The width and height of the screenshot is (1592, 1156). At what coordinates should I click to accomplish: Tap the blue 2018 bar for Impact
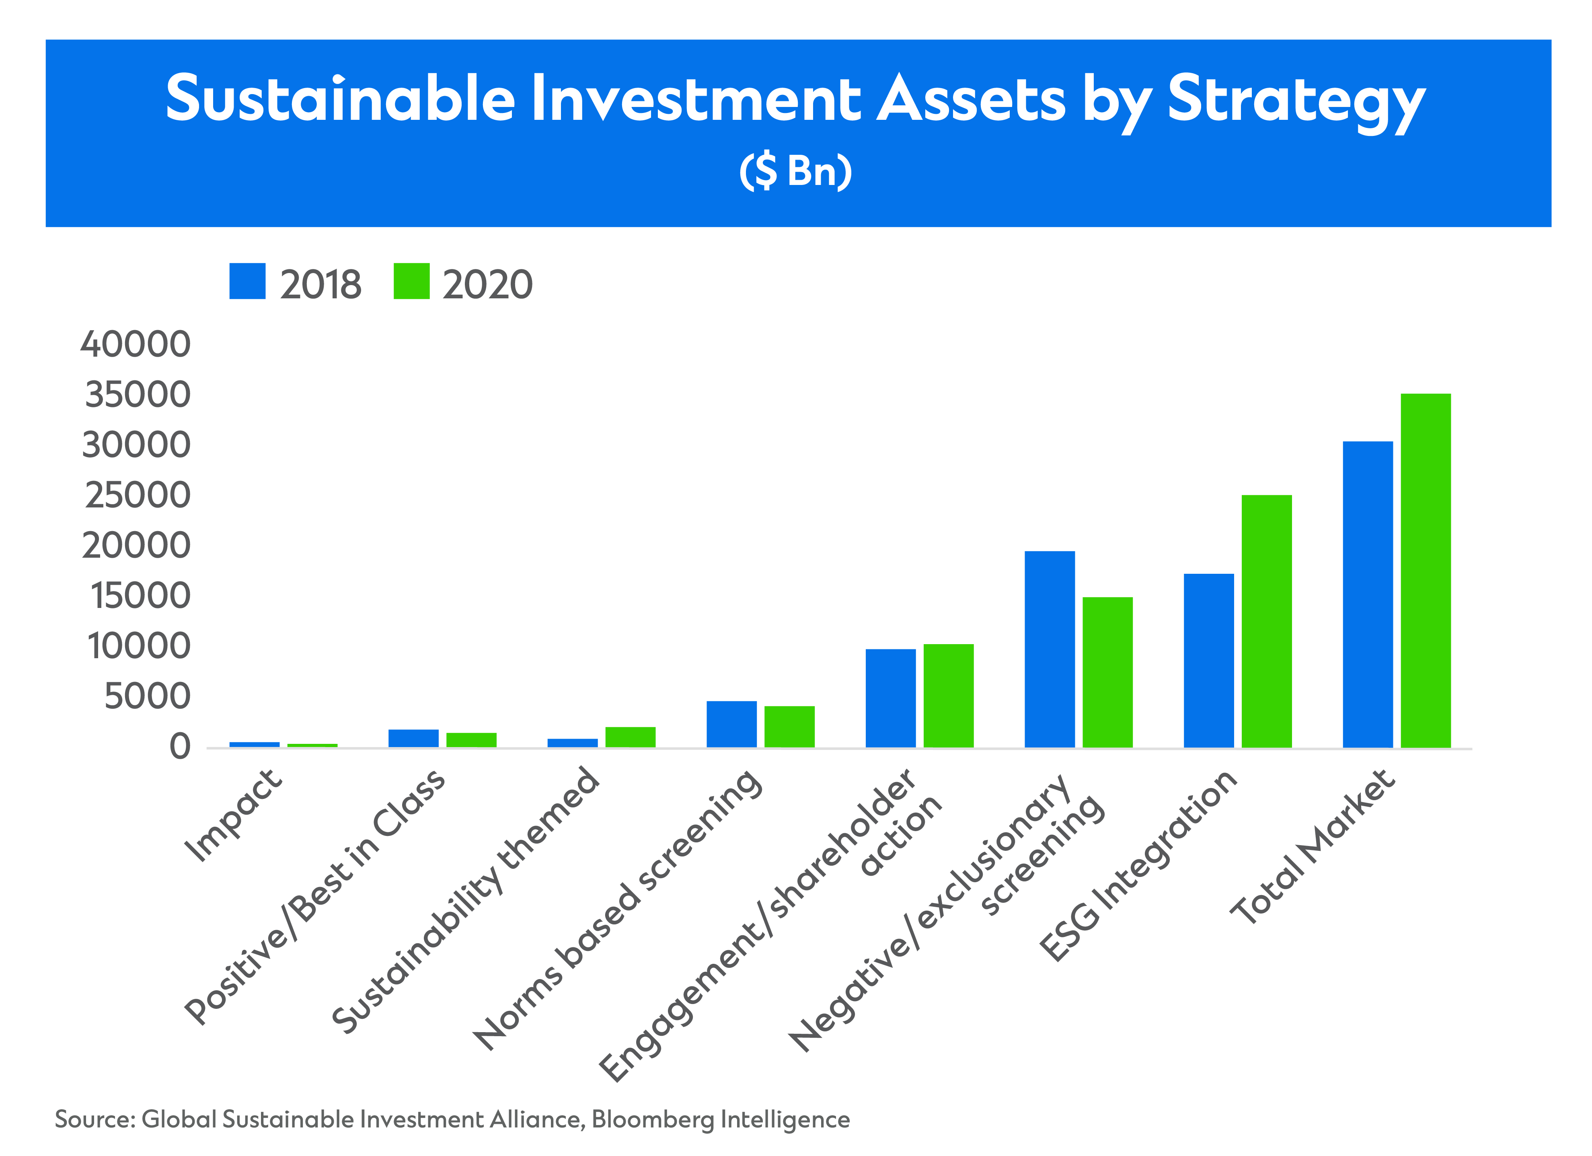pos(254,744)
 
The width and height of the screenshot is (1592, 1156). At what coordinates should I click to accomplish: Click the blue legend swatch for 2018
pos(247,281)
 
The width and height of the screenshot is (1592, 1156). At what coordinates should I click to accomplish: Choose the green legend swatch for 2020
pos(411,281)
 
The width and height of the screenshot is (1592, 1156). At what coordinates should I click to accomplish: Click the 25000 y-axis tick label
pos(138,495)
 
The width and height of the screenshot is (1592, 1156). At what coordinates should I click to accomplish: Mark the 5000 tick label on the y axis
pos(147,696)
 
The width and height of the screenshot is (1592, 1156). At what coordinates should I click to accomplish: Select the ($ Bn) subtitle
pos(795,171)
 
